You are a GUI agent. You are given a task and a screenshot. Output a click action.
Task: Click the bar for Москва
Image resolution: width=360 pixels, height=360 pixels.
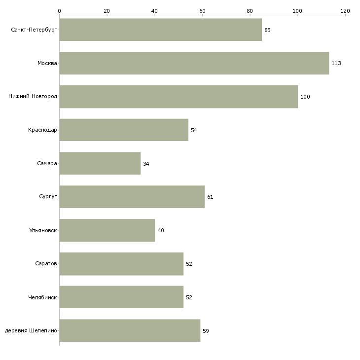click(194, 63)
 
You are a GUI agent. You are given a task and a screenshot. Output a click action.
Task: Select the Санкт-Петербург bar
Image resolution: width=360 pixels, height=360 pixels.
click(161, 30)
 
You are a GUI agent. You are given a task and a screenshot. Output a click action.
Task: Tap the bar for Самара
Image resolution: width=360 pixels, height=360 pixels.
click(100, 163)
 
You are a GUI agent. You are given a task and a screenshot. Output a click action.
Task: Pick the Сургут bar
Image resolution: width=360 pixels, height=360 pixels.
click(132, 197)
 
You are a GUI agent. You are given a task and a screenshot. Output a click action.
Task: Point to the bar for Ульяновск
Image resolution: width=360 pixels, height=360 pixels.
click(107, 230)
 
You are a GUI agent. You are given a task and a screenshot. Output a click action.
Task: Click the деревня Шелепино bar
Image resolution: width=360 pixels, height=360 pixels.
click(130, 330)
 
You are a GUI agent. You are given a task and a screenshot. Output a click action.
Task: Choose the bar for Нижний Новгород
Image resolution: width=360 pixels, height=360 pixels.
click(179, 97)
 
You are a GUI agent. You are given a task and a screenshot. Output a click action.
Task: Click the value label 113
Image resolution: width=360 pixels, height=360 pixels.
click(336, 63)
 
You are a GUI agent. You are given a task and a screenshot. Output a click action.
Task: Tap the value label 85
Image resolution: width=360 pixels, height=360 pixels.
click(267, 30)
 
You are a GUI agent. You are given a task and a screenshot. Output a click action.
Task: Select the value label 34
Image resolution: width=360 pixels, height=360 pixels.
click(146, 164)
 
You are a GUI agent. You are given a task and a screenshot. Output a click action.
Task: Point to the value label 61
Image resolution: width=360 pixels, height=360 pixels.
click(210, 197)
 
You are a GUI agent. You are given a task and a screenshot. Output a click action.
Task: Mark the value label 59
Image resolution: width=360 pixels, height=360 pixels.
click(206, 331)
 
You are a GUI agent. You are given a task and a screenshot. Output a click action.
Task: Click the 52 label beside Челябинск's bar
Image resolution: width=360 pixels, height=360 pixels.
click(189, 297)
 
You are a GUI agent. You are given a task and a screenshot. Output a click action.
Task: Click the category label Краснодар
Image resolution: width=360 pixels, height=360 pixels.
click(42, 130)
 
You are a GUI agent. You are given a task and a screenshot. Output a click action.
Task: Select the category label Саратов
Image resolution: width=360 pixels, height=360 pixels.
click(46, 263)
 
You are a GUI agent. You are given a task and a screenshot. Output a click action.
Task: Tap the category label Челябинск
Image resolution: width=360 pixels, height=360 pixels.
click(42, 297)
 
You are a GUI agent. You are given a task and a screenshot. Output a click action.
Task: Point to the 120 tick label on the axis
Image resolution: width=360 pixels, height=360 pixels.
click(345, 11)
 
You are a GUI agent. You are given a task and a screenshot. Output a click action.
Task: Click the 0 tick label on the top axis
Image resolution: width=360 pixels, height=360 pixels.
click(60, 11)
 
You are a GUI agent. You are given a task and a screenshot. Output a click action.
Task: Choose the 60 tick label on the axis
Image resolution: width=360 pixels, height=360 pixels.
click(202, 11)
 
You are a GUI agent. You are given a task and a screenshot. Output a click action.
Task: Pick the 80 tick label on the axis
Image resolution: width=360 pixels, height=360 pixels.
click(250, 11)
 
